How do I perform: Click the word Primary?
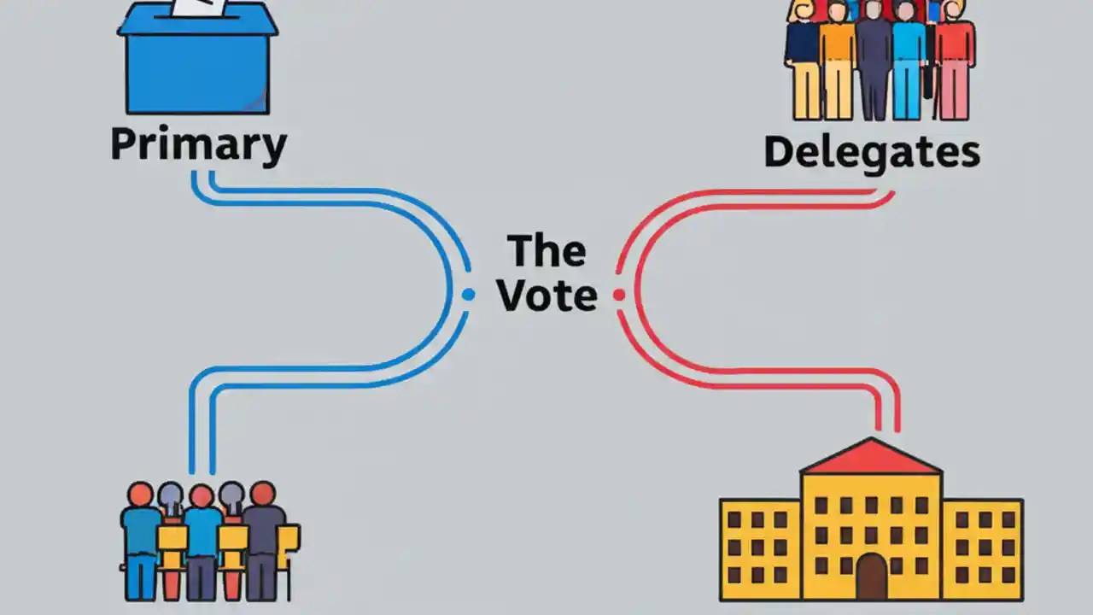click(x=198, y=145)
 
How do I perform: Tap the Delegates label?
click(x=871, y=152)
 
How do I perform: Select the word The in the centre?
click(x=547, y=250)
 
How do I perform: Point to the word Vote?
click(x=547, y=295)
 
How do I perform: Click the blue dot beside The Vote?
click(x=468, y=295)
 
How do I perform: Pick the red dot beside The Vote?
click(x=619, y=295)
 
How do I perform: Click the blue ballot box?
click(x=197, y=68)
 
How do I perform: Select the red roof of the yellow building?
click(x=871, y=458)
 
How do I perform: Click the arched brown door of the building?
click(x=871, y=576)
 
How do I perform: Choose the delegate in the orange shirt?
click(x=837, y=60)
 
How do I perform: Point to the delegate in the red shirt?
click(x=954, y=60)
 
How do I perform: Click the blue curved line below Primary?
click(x=342, y=196)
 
